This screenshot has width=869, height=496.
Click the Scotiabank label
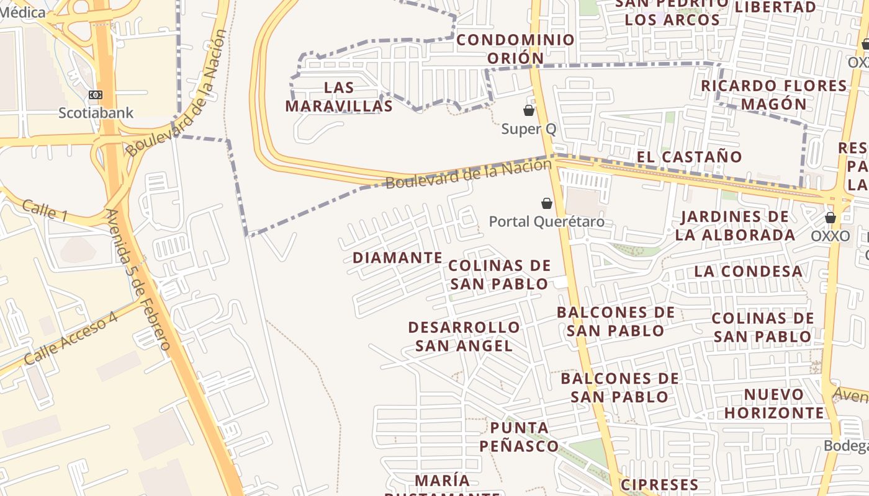click(96, 113)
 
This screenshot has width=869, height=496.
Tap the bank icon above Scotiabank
click(96, 95)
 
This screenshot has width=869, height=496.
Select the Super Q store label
click(528, 129)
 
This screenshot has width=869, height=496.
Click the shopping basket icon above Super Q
click(529, 110)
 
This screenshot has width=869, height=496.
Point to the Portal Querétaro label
click(546, 221)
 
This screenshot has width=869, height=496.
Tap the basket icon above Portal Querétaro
click(547, 203)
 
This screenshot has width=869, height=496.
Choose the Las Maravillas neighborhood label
click(339, 97)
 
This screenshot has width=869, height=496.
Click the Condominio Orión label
click(515, 49)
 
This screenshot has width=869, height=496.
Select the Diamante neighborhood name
click(397, 257)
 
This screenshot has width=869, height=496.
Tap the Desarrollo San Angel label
click(464, 336)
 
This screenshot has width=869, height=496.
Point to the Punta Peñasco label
click(519, 436)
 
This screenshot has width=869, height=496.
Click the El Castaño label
click(689, 157)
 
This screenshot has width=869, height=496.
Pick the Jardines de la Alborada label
click(735, 226)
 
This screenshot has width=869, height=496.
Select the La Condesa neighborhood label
click(748, 271)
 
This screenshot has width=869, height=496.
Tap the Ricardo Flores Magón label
click(773, 94)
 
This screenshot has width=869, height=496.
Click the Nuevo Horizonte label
click(774, 403)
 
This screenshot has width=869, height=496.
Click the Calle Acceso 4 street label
click(71, 339)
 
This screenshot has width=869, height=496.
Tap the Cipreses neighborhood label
click(659, 484)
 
